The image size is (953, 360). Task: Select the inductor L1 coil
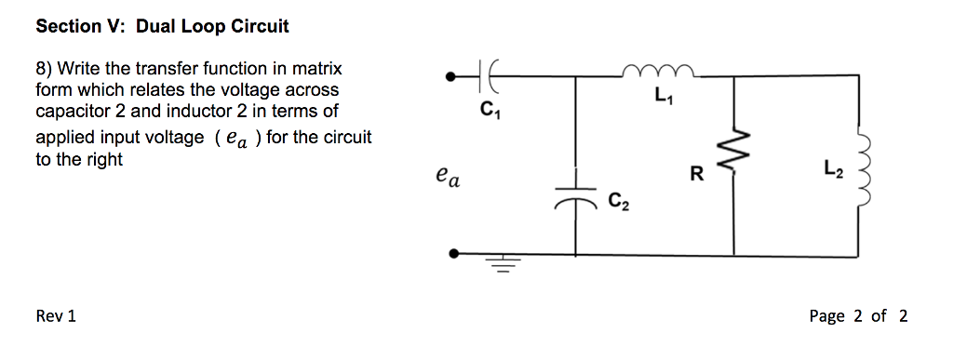pyautogui.click(x=659, y=71)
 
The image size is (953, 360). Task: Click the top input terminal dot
pyautogui.click(x=453, y=77)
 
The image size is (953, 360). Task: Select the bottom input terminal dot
pyautogui.click(x=453, y=253)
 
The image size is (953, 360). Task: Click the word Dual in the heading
pyautogui.click(x=157, y=26)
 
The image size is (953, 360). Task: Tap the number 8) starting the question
pyautogui.click(x=44, y=69)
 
